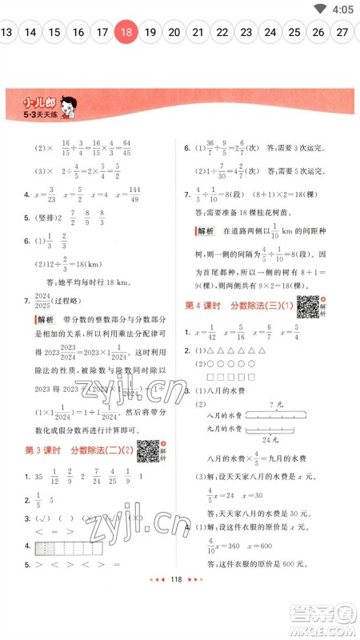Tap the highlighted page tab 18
tap(126, 33)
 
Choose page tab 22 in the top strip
tap(222, 33)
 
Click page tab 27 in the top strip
tap(342, 33)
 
